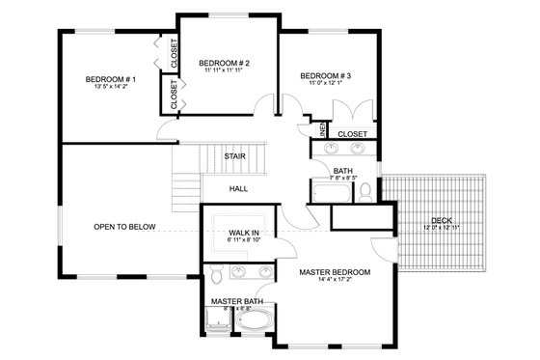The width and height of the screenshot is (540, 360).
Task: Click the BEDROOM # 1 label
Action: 111,79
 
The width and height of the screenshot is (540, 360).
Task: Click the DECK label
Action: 442,221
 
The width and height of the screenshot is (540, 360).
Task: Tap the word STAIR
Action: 233,156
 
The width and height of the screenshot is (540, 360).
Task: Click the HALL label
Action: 239,189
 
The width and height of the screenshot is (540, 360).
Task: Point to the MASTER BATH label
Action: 237,301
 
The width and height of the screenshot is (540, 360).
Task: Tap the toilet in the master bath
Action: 218,277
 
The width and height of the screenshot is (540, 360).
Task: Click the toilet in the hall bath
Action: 365,192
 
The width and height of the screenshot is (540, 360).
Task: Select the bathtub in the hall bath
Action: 330,192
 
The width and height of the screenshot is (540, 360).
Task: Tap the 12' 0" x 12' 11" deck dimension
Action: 442,228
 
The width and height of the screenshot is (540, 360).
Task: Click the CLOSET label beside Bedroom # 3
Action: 352,133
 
